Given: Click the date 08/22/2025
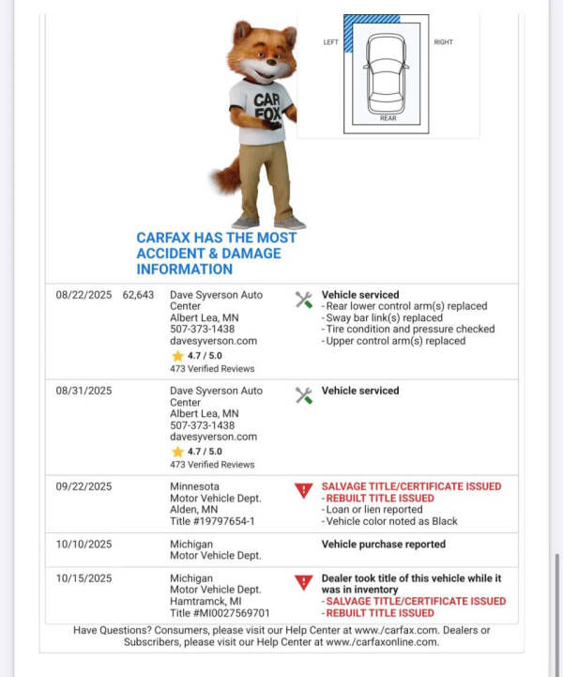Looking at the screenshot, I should point(84,295).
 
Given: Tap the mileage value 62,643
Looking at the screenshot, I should point(138,295).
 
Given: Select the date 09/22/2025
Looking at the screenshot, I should point(84,486).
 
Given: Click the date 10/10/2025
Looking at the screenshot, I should point(84,545).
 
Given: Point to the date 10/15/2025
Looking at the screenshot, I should point(84,578).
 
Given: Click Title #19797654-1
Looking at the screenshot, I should point(212,521).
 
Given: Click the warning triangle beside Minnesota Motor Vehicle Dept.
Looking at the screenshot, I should point(303,490).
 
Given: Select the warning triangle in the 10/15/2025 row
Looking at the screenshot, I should point(303,582).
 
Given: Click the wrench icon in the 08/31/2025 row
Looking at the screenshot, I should point(303,395).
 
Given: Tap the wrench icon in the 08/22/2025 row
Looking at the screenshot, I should point(303,300).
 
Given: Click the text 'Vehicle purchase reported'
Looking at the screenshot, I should point(384,545).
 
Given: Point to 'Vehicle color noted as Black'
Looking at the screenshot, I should point(389,521).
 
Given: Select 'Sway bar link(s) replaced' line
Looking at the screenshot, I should point(385,318).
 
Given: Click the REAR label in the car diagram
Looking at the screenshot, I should point(388,118).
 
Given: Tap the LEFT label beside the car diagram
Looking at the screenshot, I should point(331,42).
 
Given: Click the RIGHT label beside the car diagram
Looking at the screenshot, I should point(443,42).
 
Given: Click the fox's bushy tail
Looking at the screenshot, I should point(225,175).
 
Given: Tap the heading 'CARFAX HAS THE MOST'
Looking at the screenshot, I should point(217,238).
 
